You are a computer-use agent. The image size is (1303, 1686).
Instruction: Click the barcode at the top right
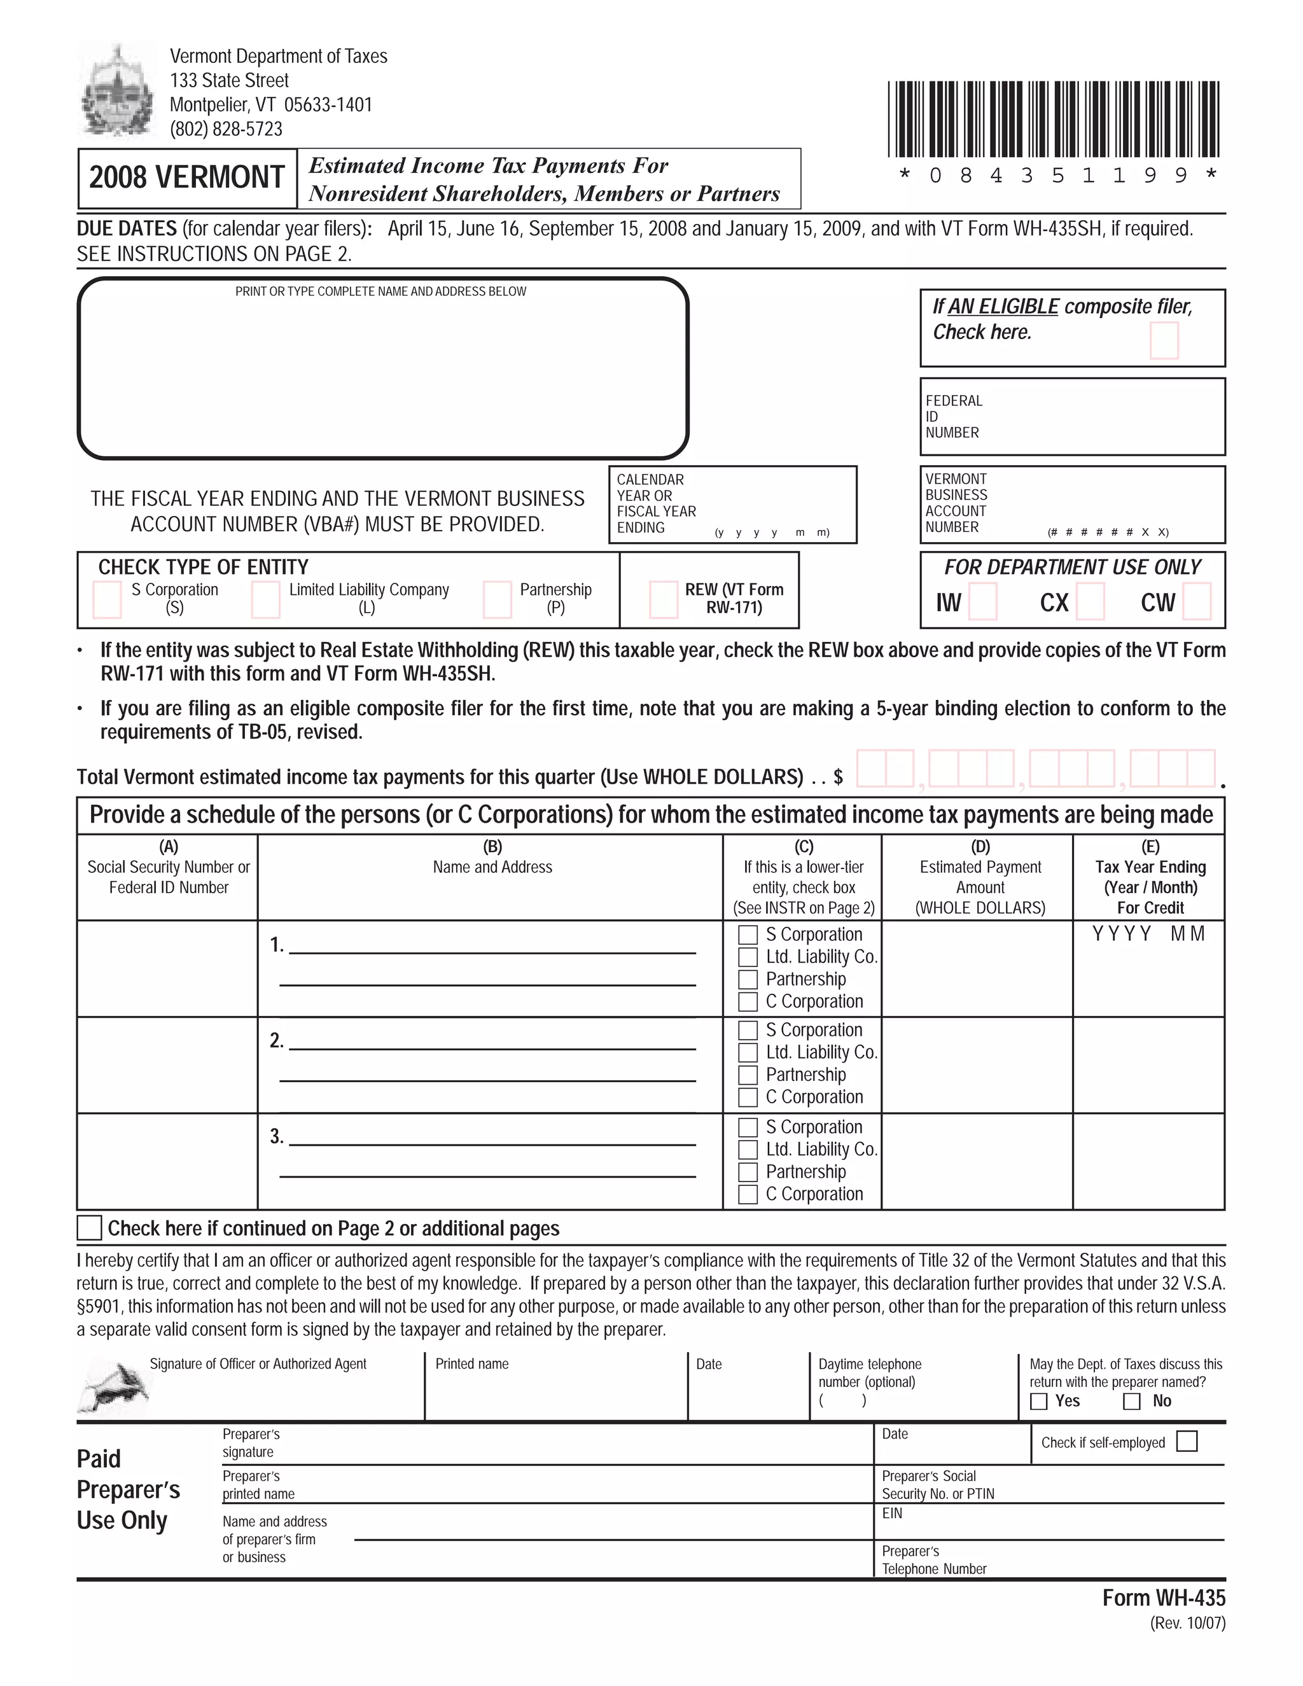tap(1054, 119)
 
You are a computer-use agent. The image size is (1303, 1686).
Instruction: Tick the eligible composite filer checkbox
tap(1163, 340)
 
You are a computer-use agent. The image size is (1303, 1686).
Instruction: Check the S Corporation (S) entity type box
tap(108, 600)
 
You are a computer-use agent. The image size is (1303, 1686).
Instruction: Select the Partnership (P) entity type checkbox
tap(497, 600)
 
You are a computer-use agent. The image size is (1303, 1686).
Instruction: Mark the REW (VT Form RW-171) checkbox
tap(663, 600)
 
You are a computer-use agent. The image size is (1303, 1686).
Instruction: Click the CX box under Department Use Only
tap(1090, 601)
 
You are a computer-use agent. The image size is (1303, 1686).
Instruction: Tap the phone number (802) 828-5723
tap(226, 129)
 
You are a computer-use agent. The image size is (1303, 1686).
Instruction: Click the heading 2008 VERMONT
tap(187, 178)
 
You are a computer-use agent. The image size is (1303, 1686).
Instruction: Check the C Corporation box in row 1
tap(747, 1002)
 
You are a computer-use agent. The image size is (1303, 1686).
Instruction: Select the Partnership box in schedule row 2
tap(747, 1075)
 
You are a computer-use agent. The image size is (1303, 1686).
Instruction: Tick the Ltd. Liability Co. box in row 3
tap(747, 1150)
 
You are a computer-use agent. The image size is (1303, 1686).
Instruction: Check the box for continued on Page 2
tap(90, 1227)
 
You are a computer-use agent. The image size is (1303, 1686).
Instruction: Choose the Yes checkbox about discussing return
tap(1039, 1401)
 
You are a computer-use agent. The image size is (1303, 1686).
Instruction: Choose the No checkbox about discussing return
tap(1132, 1401)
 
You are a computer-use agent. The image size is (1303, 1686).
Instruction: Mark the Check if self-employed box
tap(1187, 1441)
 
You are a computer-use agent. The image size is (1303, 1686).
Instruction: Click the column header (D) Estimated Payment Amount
tap(980, 877)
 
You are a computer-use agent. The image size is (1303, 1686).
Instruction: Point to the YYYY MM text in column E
tap(1148, 934)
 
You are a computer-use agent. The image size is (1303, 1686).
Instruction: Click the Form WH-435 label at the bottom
tap(1163, 1597)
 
